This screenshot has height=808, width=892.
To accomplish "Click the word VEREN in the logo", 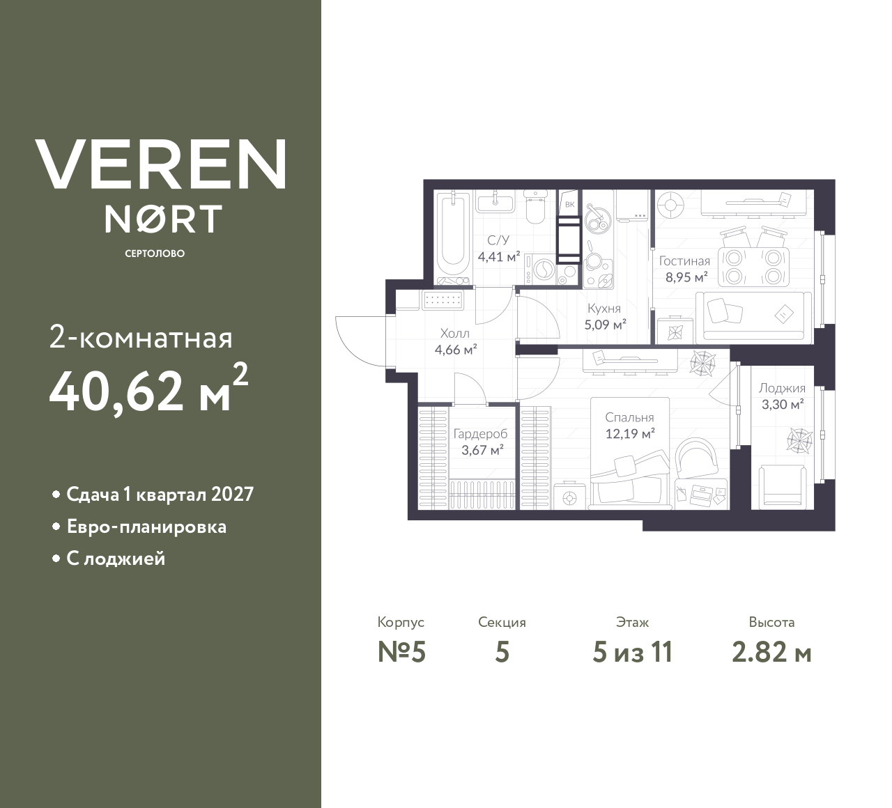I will point(161,164).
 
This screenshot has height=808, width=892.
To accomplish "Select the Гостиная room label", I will point(684,261).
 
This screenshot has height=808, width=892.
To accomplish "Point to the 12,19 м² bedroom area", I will point(629,434).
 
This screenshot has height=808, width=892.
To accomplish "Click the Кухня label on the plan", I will point(603,309).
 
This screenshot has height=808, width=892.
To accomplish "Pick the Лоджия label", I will point(782,389).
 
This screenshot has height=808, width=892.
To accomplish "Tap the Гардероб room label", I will point(480,434).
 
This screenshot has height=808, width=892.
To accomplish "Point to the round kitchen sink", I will point(597,221).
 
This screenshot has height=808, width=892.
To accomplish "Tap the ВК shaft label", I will point(569,204).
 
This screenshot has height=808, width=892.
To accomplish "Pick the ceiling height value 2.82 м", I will point(771,653).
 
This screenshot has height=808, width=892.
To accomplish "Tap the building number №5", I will point(401,653).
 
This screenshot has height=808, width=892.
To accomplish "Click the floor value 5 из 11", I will point(632,653).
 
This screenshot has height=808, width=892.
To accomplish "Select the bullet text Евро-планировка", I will point(146,527).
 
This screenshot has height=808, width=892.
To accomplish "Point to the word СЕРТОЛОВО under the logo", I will point(155,254).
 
